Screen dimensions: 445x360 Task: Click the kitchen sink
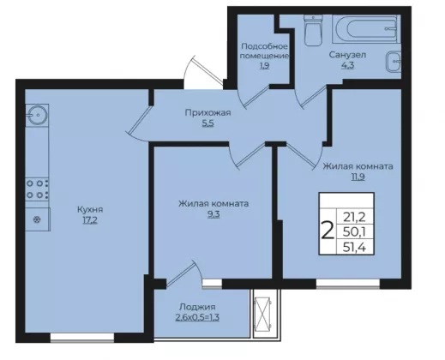[x=37, y=115]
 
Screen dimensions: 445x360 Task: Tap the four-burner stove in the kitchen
[x=37, y=189]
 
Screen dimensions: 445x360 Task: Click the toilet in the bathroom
[x=313, y=31]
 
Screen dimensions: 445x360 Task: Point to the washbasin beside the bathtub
[x=394, y=62]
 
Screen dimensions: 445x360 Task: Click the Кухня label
[x=90, y=210]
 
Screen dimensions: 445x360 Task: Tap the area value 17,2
[x=90, y=220]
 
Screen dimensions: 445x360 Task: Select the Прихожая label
[x=207, y=113]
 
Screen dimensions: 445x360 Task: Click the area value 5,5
[x=208, y=123]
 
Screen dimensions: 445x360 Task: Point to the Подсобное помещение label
[x=264, y=51]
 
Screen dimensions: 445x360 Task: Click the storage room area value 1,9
[x=264, y=66]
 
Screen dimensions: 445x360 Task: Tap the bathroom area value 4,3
[x=347, y=65]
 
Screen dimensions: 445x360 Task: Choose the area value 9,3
[x=213, y=214]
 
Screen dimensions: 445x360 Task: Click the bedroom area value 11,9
[x=358, y=177]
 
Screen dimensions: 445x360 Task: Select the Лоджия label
[x=197, y=307]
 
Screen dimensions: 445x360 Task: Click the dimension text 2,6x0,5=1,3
[x=197, y=318]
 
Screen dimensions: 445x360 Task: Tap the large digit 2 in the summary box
[x=328, y=231]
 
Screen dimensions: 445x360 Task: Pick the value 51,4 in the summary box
[x=354, y=247]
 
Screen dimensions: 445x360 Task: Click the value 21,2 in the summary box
[x=354, y=218]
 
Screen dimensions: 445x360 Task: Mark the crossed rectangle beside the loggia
[x=262, y=314]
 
